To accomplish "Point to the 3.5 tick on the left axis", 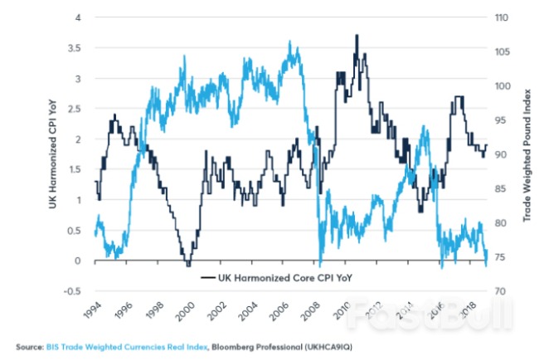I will (x=75, y=48).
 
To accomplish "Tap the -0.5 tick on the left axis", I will (x=73, y=291).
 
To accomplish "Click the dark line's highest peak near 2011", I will (x=357, y=36).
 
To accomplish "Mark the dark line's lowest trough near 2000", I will (x=188, y=264).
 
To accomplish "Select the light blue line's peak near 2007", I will (x=289, y=42).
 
